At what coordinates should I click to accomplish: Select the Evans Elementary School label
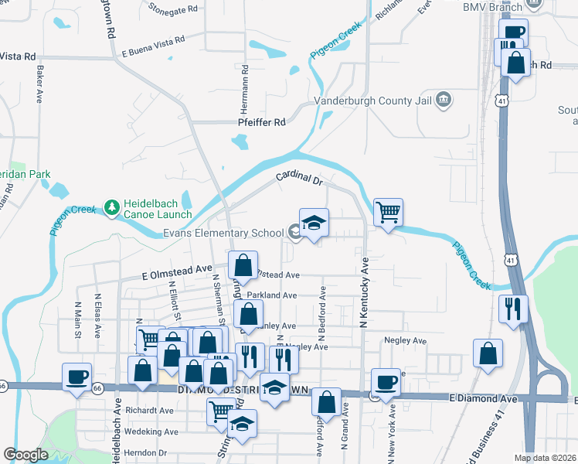pos(223,233)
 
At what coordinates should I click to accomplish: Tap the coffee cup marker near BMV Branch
pos(513,32)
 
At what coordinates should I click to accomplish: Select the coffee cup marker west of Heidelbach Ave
pos(76,377)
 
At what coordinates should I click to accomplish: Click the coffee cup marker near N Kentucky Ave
pos(386,381)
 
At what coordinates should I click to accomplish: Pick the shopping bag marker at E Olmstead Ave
pos(243,265)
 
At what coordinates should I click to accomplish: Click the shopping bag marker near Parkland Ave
pos(249,315)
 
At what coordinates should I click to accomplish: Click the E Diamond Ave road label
pos(482,399)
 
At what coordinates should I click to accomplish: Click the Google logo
pos(25,454)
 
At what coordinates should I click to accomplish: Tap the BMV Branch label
pos(493,7)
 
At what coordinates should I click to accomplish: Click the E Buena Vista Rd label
pos(153,47)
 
